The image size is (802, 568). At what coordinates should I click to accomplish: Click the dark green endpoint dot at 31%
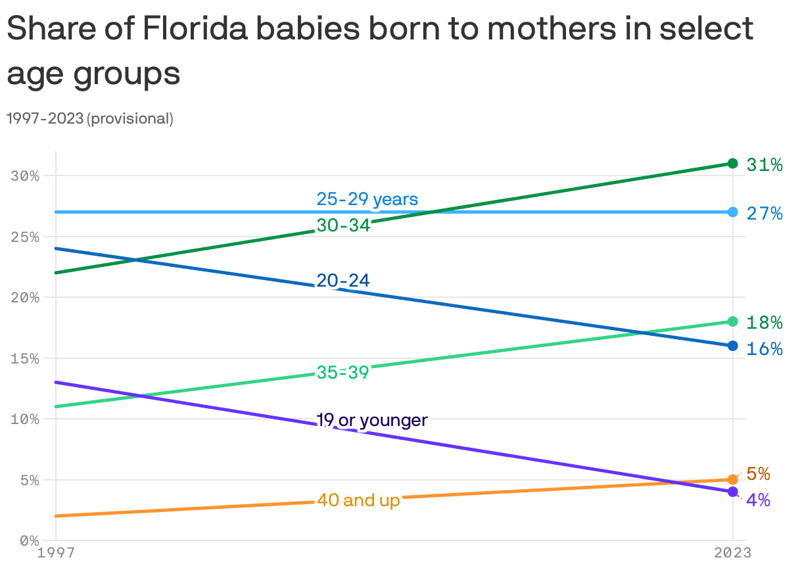(x=732, y=163)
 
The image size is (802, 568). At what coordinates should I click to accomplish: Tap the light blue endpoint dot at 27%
(x=732, y=212)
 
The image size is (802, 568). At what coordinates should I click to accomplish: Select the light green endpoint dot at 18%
(x=732, y=321)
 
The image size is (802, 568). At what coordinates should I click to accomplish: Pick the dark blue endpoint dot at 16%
(x=732, y=346)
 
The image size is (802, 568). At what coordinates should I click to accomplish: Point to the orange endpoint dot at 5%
(x=732, y=480)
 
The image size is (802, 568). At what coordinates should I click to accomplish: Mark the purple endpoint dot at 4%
(x=732, y=492)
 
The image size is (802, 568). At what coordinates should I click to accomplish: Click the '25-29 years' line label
(x=367, y=199)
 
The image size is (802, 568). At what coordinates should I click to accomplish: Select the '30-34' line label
(x=343, y=225)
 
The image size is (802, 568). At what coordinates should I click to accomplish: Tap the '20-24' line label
(x=343, y=281)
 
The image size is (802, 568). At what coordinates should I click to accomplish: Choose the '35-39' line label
(x=342, y=372)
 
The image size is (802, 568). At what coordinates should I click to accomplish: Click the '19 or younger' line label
(x=371, y=420)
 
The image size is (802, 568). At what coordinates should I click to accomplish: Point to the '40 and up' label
(x=358, y=500)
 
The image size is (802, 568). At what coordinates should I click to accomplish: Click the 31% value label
(x=765, y=165)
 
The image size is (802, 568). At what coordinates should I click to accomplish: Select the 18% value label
(x=765, y=323)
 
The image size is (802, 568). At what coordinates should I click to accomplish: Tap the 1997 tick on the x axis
(x=56, y=552)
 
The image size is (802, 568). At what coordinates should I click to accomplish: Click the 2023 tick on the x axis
(x=732, y=552)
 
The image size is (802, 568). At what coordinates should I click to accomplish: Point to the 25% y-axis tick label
(x=25, y=237)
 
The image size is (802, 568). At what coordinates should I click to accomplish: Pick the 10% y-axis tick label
(x=25, y=419)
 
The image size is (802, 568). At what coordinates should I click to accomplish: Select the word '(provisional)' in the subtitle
(x=130, y=119)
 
